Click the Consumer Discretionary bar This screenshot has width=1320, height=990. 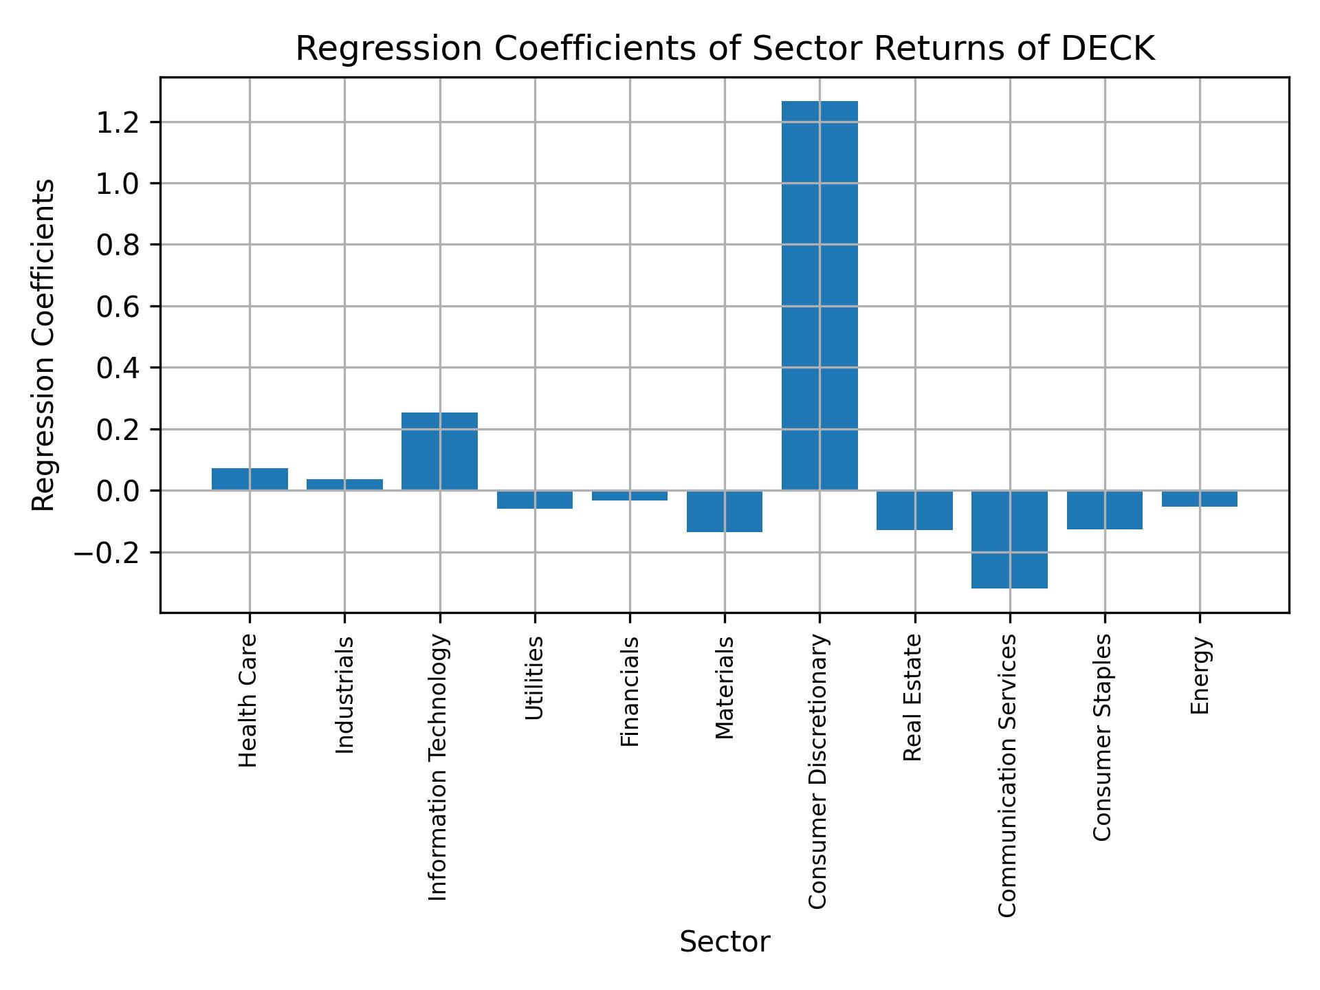point(819,296)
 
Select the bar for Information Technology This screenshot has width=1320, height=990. point(439,451)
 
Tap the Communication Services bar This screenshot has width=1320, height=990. point(1009,539)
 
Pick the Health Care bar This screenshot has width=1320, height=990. point(250,479)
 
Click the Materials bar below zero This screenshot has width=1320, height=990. point(725,511)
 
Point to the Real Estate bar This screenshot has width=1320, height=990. point(914,510)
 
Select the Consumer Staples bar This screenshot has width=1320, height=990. point(1104,509)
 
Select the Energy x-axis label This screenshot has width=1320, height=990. point(1200,675)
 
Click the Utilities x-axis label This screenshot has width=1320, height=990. point(535,677)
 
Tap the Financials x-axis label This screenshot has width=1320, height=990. point(630,691)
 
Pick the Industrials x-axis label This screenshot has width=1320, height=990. point(344,694)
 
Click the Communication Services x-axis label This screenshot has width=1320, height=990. point(1007,775)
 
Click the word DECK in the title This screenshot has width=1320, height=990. point(1108,49)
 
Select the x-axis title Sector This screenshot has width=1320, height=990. point(725,943)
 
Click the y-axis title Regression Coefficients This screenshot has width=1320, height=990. point(44,345)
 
